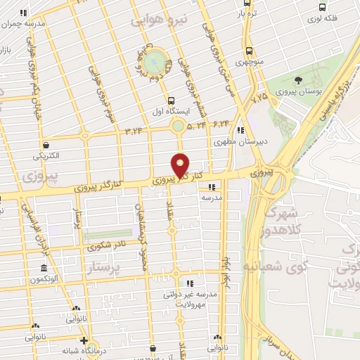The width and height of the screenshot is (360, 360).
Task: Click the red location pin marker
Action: (181, 165)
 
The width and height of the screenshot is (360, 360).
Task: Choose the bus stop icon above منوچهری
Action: (249, 51)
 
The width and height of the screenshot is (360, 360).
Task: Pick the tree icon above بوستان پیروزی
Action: (298, 80)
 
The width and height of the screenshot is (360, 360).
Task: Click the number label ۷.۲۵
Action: (259, 95)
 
